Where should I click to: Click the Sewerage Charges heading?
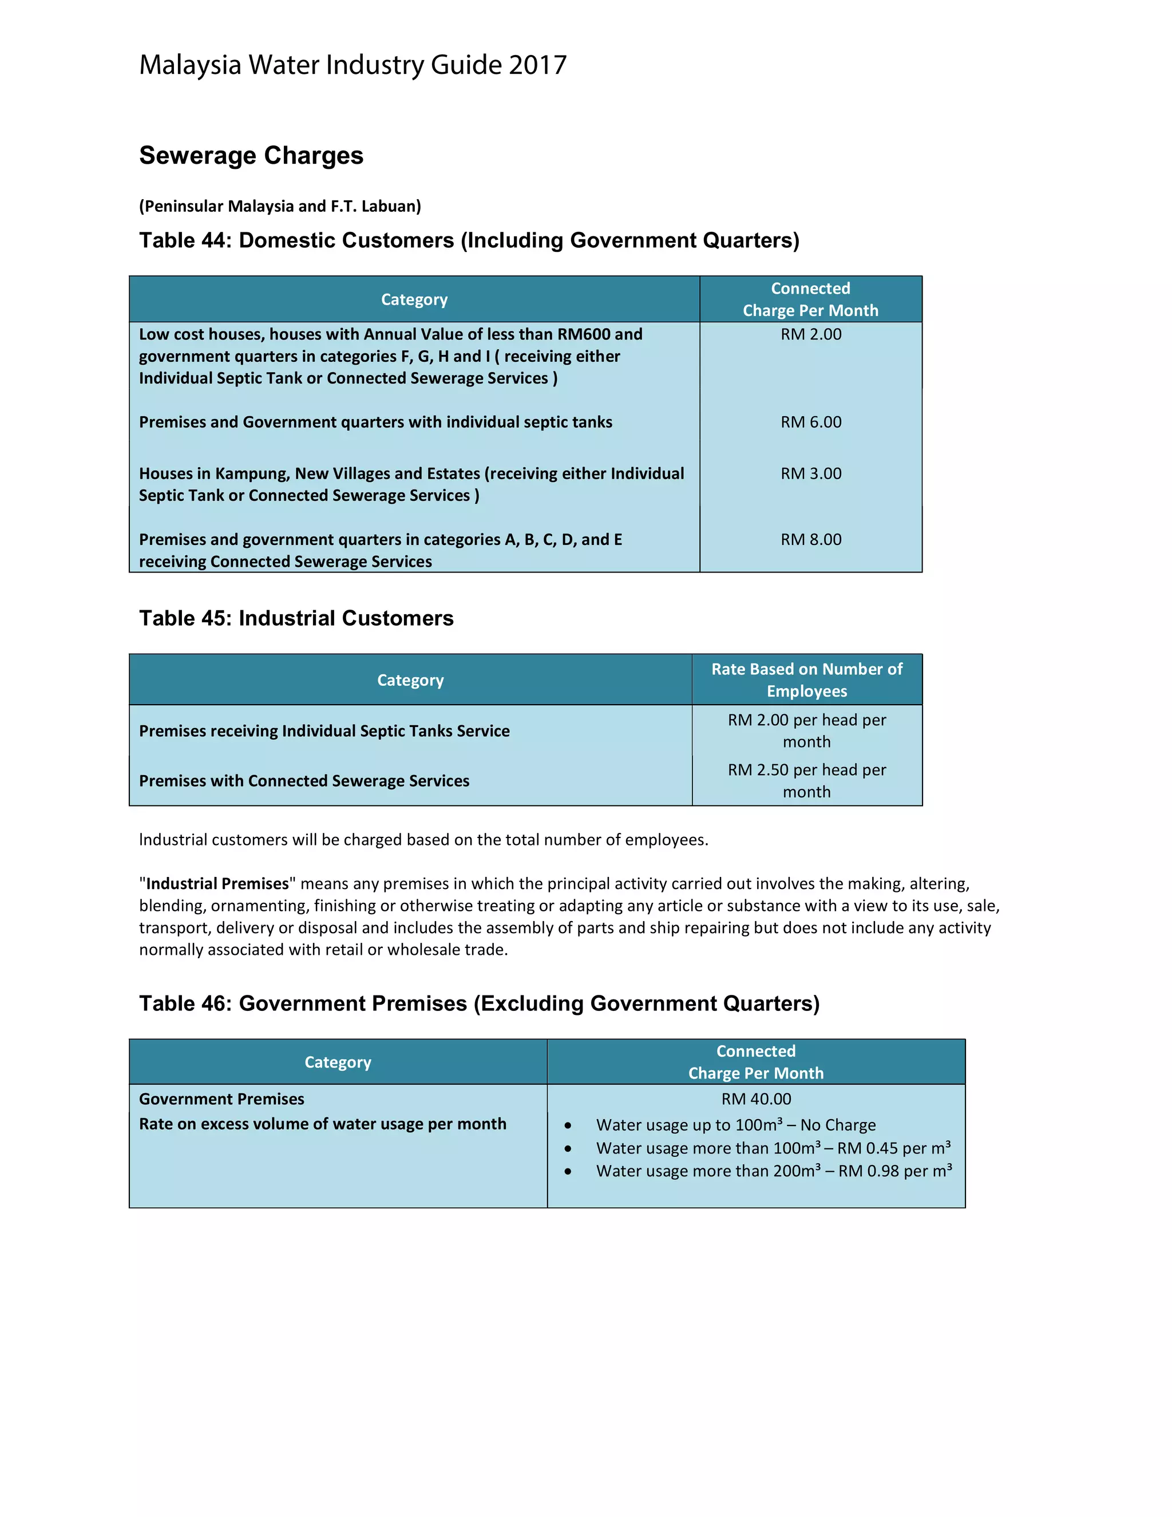click(251, 156)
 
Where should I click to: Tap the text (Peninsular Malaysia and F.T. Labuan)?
click(280, 206)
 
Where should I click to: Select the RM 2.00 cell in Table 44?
click(810, 335)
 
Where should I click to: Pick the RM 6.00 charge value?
click(810, 422)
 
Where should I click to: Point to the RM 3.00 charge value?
click(810, 474)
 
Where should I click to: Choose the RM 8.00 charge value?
click(810, 540)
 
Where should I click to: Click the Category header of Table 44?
click(414, 300)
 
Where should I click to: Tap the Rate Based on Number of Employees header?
click(806, 680)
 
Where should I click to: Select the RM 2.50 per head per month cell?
click(806, 781)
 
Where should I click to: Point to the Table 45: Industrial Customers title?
click(296, 618)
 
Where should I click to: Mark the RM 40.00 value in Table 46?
click(755, 1100)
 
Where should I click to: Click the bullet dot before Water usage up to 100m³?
click(568, 1126)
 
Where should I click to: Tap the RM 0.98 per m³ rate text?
click(895, 1172)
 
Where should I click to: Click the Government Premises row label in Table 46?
click(221, 1100)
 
